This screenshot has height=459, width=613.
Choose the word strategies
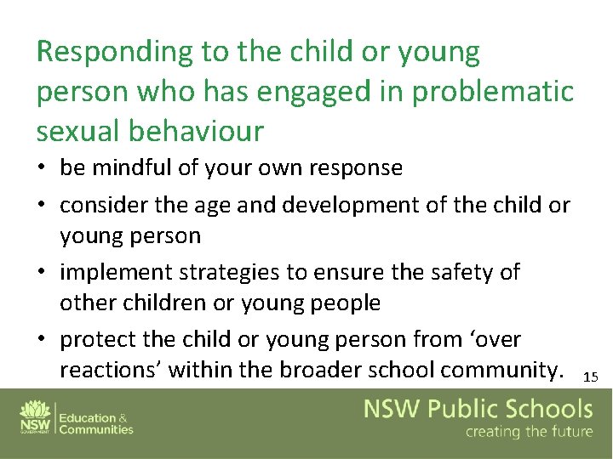pos(231,272)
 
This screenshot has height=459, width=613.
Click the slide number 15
pos(591,377)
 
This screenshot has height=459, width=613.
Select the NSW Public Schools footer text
pos(478,409)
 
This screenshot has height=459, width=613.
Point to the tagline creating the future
pos(528,433)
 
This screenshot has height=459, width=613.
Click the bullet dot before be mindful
pos(43,168)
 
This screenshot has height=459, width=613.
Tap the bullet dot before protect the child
pos(43,340)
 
